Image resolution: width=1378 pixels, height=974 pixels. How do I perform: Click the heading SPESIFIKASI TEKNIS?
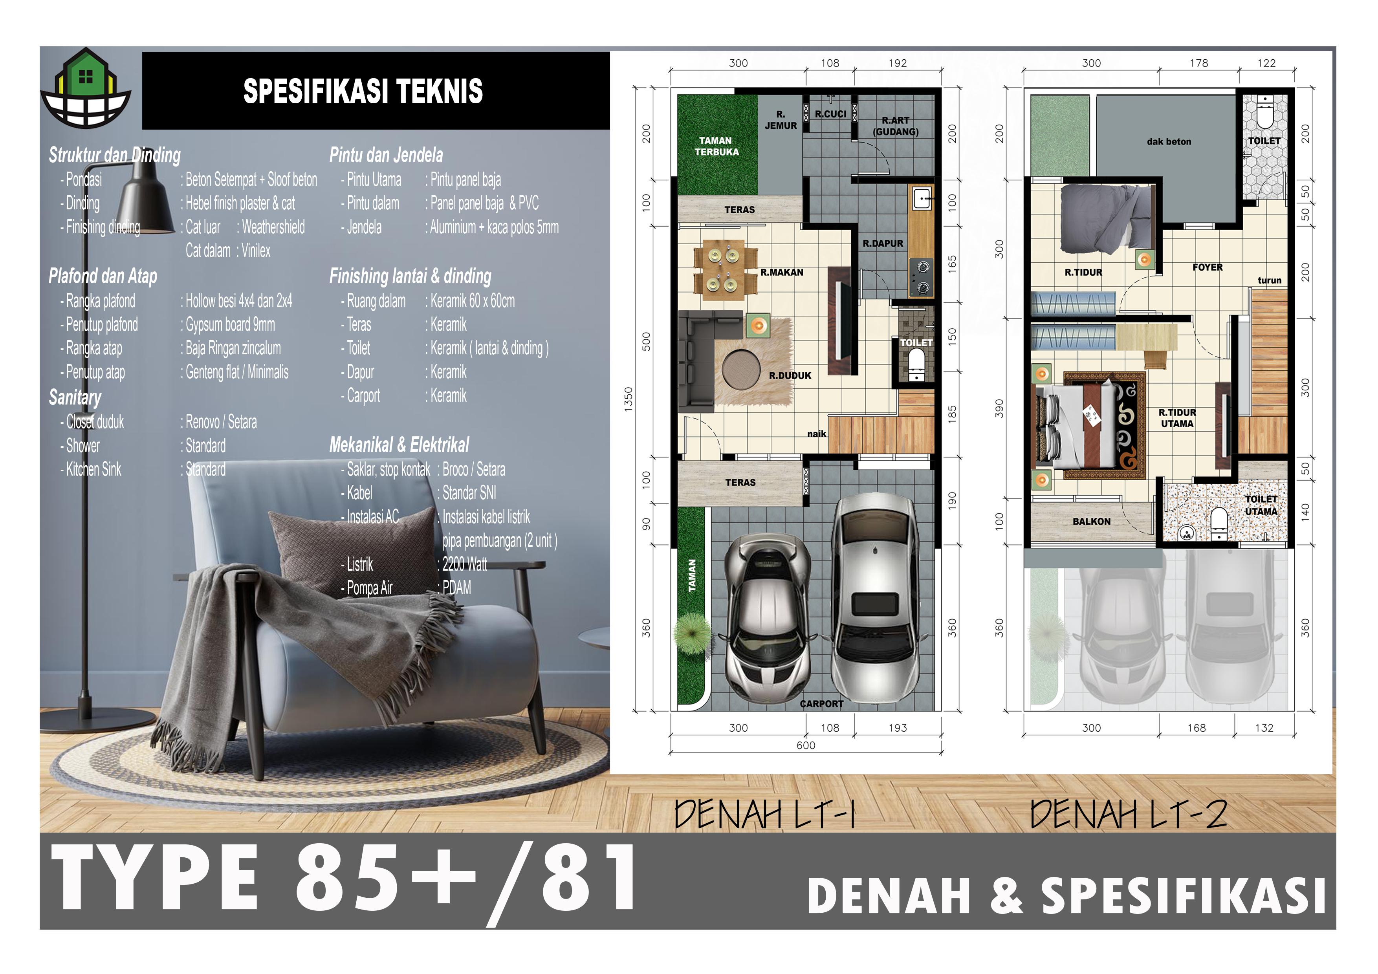click(x=363, y=91)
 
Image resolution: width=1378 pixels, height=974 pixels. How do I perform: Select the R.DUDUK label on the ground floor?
click(x=790, y=376)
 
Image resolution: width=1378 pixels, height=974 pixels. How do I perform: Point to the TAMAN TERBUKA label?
click(x=716, y=146)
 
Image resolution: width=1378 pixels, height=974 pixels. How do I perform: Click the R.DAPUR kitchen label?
click(x=883, y=243)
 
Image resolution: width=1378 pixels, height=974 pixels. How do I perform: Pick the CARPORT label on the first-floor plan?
click(x=822, y=704)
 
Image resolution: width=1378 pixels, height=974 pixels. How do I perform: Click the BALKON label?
click(x=1091, y=522)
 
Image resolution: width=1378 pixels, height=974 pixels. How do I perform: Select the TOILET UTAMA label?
click(x=1261, y=505)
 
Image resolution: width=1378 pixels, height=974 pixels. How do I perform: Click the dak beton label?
click(x=1169, y=142)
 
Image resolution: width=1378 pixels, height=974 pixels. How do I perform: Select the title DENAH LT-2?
click(x=1128, y=815)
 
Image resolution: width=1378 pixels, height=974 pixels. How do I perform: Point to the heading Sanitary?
click(x=75, y=398)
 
